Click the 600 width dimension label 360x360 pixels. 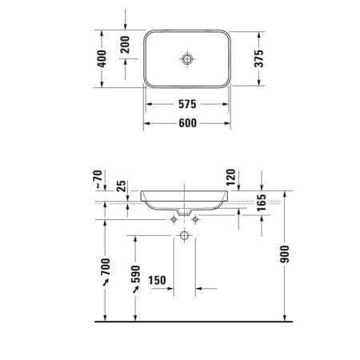188,123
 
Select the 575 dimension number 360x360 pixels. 188,105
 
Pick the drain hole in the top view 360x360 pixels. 187,59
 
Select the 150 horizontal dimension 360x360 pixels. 158,280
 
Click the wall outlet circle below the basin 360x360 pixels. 185,236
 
